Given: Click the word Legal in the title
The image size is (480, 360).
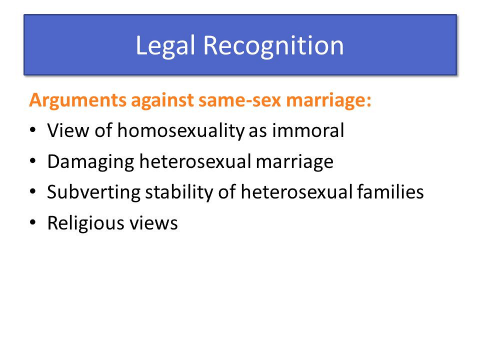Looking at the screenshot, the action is (165, 46).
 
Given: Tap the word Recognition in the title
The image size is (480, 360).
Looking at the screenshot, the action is (273, 45).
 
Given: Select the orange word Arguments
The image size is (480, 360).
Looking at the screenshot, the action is (78, 100).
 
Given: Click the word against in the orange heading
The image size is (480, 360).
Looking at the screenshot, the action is (162, 100).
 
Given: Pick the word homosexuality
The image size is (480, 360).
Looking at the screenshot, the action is (181, 130).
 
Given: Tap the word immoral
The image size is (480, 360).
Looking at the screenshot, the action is (308, 130).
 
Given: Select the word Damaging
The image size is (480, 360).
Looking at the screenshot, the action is (90, 161).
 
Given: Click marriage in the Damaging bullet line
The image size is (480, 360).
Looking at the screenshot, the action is (294, 162).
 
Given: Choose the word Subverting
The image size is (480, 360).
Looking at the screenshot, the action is (93, 192).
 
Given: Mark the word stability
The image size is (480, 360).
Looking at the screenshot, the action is (179, 192).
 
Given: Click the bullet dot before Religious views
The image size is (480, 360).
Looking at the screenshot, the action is (33, 222).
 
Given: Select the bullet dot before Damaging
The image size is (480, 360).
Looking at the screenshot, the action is (33, 160).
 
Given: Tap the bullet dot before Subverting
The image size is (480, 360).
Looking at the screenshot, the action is (33, 191).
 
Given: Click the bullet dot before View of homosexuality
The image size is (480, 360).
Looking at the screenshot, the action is (33, 130).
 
